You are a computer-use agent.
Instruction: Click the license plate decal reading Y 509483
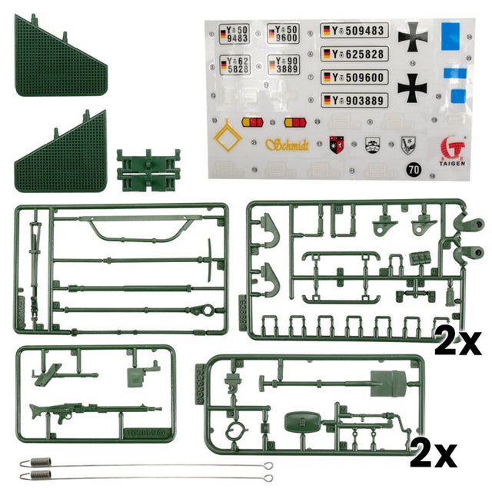(354, 32)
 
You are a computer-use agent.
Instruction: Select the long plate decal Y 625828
(354, 54)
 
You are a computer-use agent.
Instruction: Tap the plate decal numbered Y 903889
(354, 100)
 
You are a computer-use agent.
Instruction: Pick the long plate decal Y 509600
(354, 77)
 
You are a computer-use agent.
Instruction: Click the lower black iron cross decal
(412, 87)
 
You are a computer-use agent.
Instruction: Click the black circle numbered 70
(414, 168)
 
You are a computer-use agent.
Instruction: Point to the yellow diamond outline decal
(228, 141)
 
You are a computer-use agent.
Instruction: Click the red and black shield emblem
(337, 144)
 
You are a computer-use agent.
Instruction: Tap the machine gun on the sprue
(85, 411)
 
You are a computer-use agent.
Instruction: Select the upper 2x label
(458, 339)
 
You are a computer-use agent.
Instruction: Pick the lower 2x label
(434, 454)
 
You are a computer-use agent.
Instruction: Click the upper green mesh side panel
(61, 58)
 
